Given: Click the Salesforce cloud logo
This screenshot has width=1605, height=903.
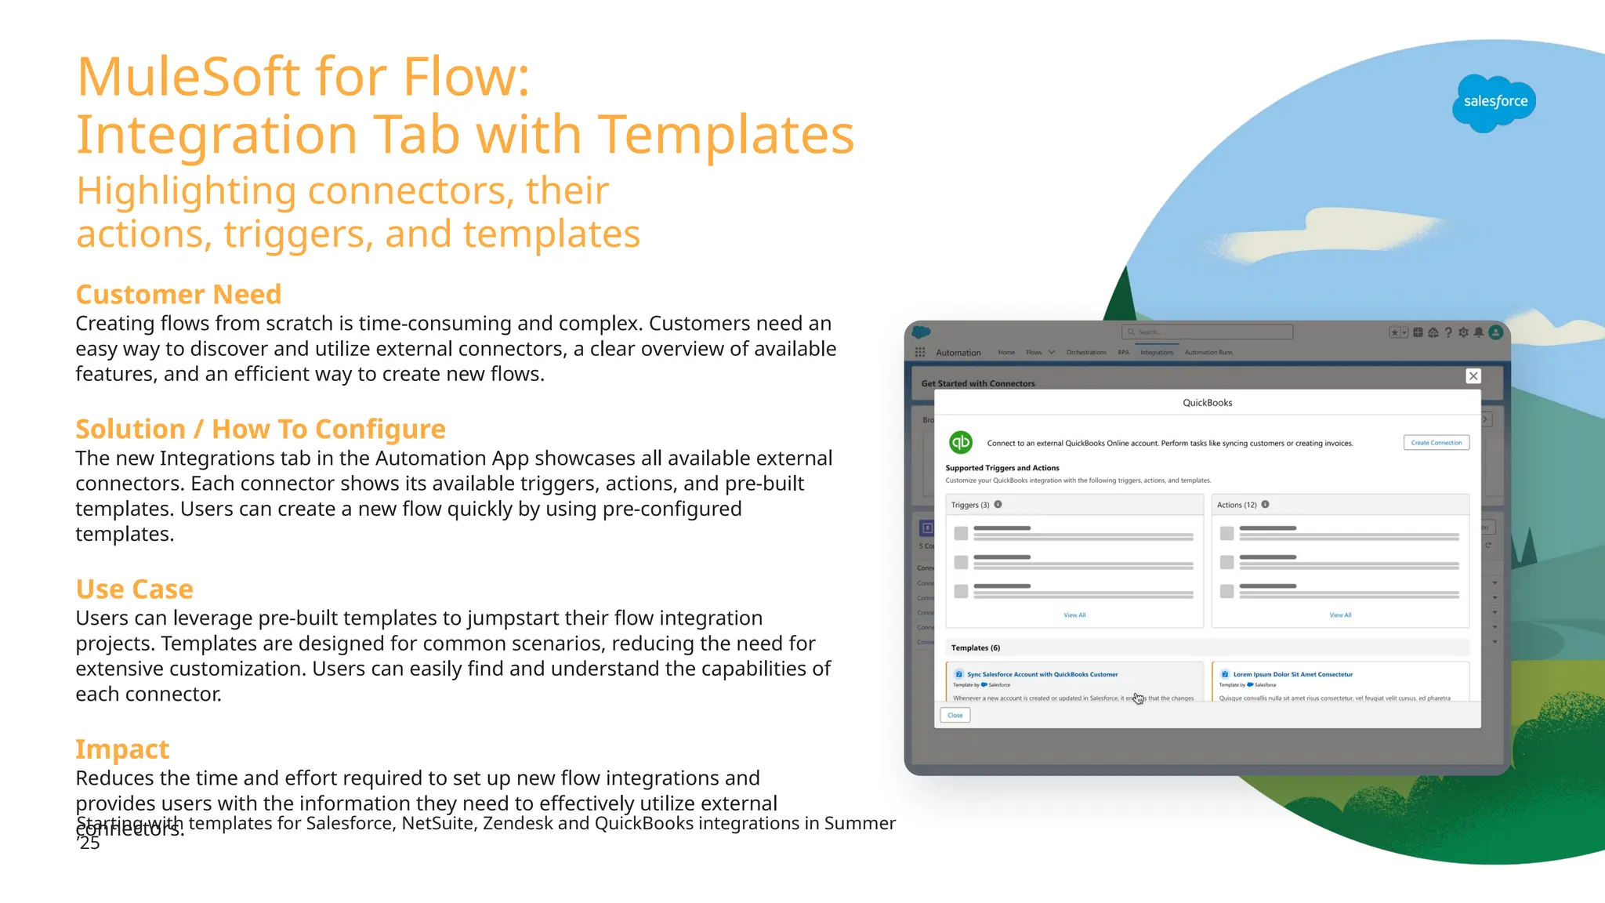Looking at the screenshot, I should pyautogui.click(x=1494, y=103).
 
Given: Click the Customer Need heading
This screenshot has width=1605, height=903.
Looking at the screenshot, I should pyautogui.click(x=178, y=295).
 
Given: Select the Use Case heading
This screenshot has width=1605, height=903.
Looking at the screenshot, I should pyautogui.click(x=134, y=589).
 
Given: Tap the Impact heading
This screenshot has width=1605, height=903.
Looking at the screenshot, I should pyautogui.click(x=122, y=749).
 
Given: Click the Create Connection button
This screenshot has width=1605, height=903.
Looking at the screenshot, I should pyautogui.click(x=1436, y=443).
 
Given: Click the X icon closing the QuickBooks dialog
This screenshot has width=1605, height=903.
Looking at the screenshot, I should pyautogui.click(x=1473, y=376).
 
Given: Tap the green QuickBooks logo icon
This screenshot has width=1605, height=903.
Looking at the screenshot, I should pyautogui.click(x=961, y=443).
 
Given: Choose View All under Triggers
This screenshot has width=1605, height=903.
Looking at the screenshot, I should pyautogui.click(x=1074, y=615).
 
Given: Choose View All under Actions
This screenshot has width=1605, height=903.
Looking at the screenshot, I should pyautogui.click(x=1340, y=615).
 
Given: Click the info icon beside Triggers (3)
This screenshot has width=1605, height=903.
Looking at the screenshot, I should pyautogui.click(x=998, y=505).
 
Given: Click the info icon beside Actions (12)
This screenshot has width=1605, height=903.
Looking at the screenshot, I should pyautogui.click(x=1266, y=505).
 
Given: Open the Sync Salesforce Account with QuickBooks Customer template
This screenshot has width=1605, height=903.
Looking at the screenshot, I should pyautogui.click(x=1042, y=675).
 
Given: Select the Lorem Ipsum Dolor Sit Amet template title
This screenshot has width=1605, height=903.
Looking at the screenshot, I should pyautogui.click(x=1293, y=675).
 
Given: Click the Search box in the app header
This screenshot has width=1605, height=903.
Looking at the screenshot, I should pyautogui.click(x=1207, y=332).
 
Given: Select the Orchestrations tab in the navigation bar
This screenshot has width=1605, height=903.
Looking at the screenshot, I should pyautogui.click(x=1086, y=353).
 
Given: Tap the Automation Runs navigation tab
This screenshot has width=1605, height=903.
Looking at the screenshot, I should pyautogui.click(x=1208, y=353).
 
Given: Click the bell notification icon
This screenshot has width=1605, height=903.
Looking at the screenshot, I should pyautogui.click(x=1479, y=332).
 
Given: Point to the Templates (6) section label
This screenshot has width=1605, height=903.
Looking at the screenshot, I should pyautogui.click(x=976, y=648).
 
